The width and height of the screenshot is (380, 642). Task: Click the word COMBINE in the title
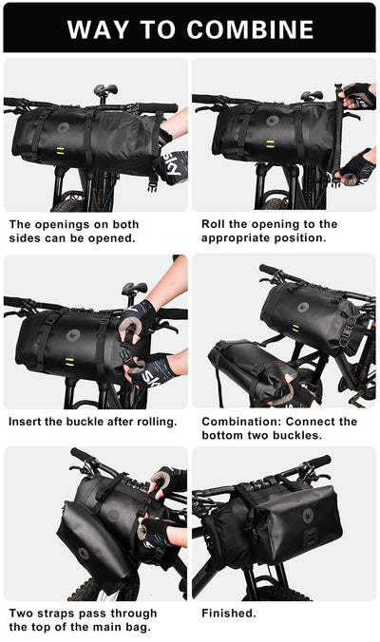pos(250,29)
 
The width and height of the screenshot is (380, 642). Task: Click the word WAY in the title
pos(98,29)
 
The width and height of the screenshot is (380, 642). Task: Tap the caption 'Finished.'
pos(229,613)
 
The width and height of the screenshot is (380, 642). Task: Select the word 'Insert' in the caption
pos(28,421)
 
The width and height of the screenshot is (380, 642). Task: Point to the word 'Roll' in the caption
pos(215,224)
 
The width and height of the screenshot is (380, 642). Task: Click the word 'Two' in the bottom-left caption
pos(22,613)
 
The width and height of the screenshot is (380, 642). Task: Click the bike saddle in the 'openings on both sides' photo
pos(104,90)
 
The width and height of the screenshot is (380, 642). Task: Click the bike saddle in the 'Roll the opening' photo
pos(312,95)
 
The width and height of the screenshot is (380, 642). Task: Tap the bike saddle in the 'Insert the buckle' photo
pos(134,287)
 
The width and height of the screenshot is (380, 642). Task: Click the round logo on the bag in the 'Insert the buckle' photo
pos(73,335)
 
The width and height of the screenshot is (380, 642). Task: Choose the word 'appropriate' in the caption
pos(238,239)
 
